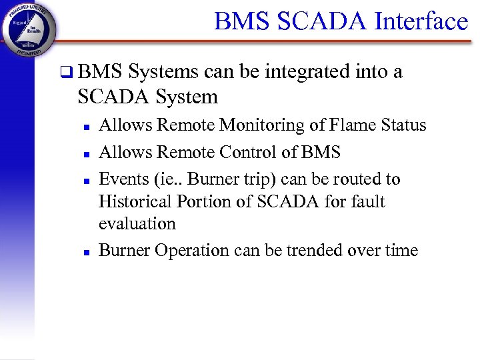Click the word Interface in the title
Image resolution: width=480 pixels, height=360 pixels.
(421, 21)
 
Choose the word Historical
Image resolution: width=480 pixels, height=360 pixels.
(135, 201)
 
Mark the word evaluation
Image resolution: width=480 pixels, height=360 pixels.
(137, 223)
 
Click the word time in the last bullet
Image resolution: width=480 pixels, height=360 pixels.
(402, 250)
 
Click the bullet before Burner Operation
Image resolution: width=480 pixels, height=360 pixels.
(86, 251)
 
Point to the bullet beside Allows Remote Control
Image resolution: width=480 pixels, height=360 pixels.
(86, 153)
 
